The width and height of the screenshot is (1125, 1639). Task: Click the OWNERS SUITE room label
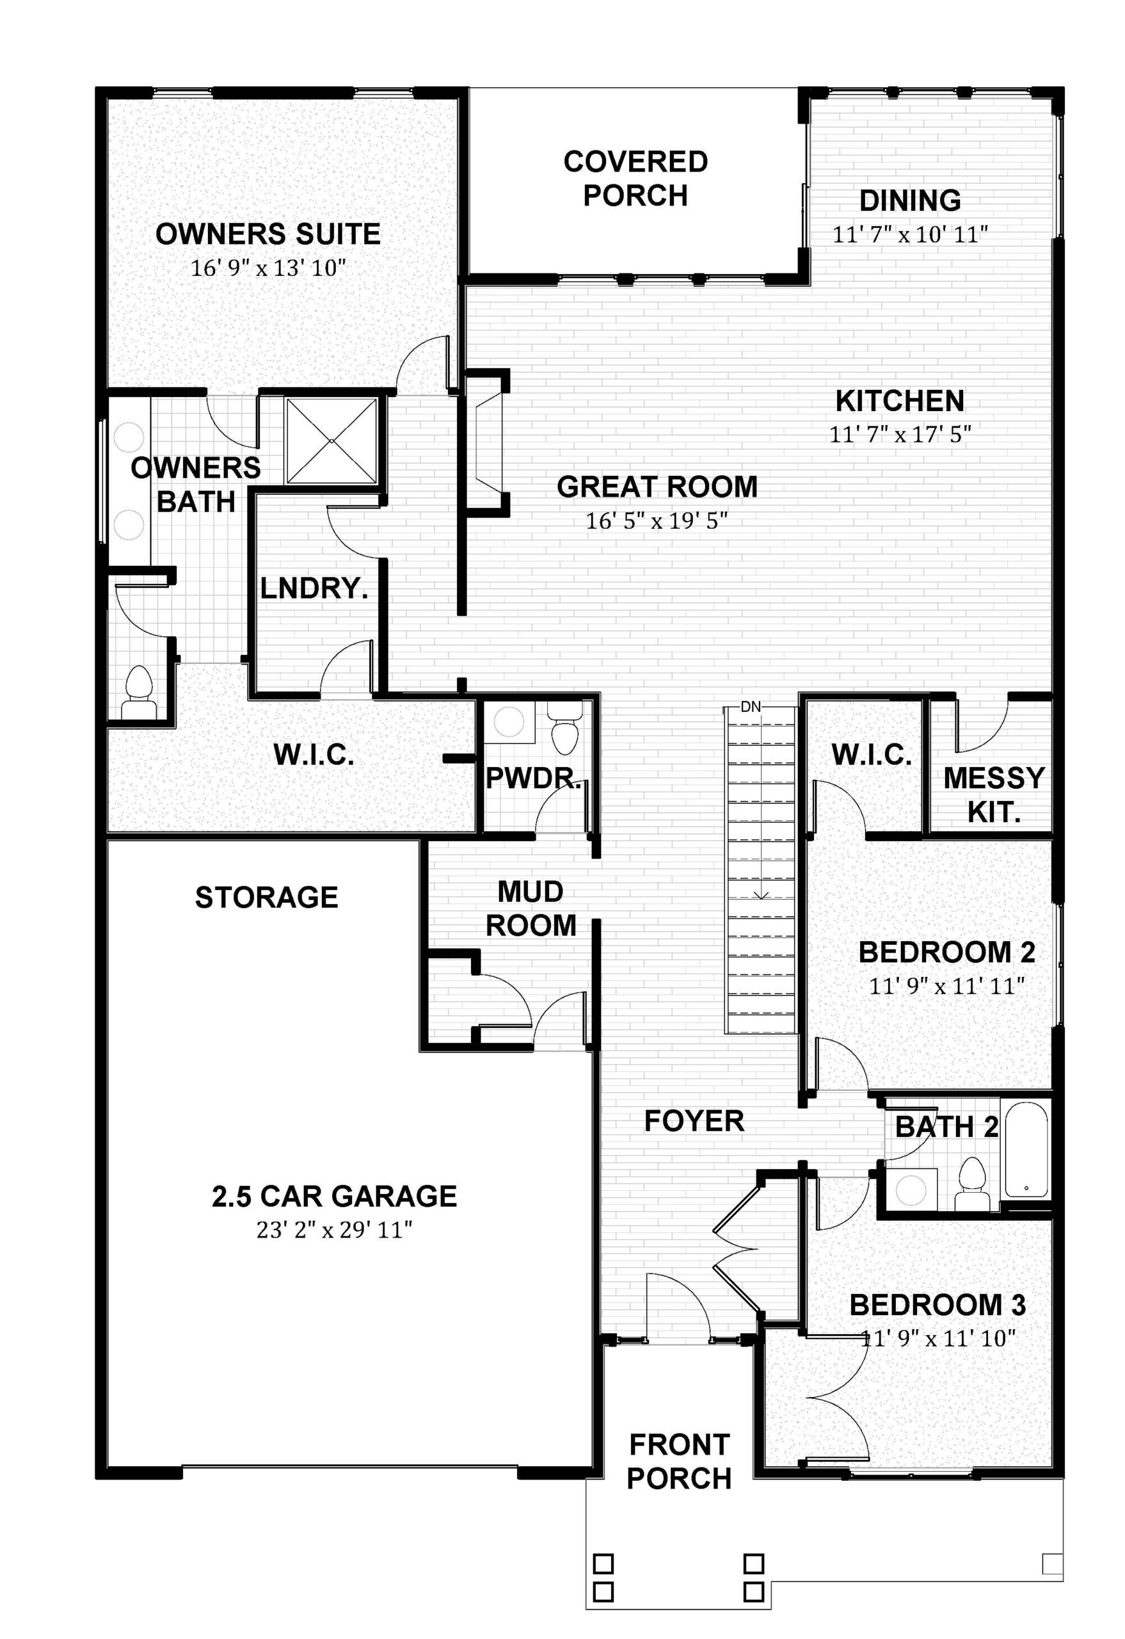268,234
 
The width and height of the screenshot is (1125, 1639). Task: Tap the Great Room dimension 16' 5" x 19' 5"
657,521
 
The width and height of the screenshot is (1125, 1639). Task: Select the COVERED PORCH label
635,179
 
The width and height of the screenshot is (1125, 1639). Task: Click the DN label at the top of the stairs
751,707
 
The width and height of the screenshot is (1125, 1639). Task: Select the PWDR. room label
534,779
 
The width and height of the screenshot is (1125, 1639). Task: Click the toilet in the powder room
564,734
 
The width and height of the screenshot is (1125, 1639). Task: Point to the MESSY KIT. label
994,795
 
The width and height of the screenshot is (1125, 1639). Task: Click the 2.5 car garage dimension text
334,1231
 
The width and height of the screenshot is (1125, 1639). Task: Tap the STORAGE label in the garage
266,897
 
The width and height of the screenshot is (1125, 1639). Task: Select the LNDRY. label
314,588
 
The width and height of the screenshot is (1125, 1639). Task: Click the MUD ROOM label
531,908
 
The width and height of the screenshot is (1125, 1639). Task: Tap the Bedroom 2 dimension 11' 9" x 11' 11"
946,986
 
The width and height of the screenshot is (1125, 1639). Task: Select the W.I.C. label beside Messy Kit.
872,755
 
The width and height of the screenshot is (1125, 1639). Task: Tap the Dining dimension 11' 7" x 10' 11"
910,234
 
